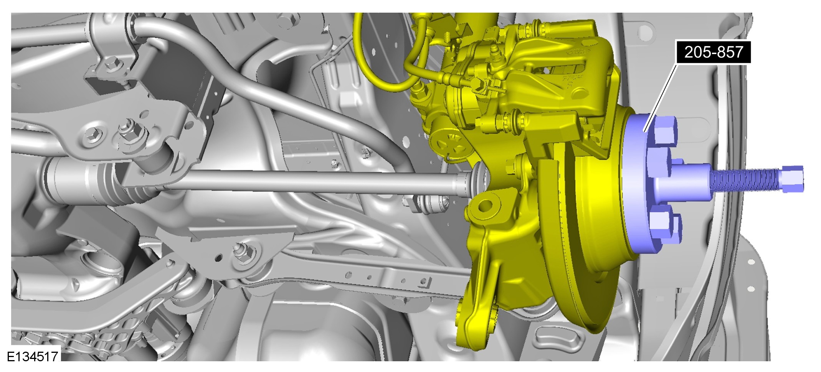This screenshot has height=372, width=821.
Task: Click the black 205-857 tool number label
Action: pos(714,52)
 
